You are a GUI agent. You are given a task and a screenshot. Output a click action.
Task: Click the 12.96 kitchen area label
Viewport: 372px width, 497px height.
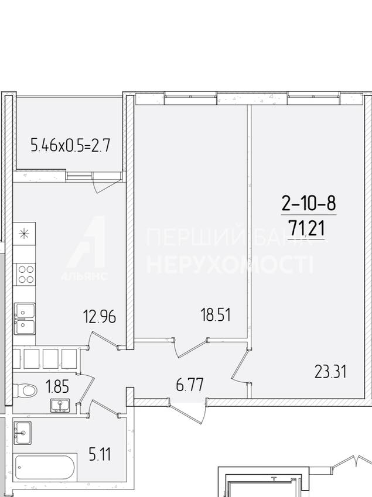point(99,317)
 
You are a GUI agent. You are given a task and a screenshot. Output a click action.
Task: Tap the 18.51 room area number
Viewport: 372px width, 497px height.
point(216,315)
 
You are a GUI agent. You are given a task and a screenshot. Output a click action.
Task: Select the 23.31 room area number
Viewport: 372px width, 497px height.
point(330,372)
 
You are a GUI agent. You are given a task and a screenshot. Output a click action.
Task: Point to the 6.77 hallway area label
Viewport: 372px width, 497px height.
point(190,385)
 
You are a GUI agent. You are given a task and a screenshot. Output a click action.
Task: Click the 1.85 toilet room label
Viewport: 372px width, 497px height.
point(57,387)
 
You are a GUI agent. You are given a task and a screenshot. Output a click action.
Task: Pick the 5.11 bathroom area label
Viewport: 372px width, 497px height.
point(100,454)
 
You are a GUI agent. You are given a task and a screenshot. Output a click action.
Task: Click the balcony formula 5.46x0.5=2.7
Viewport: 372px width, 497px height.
point(70,146)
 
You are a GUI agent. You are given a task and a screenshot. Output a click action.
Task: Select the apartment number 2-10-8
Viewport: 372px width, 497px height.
point(309,203)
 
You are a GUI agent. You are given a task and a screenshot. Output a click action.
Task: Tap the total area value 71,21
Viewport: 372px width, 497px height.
point(306,228)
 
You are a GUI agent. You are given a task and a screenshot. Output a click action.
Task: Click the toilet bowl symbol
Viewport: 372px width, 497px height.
point(25,390)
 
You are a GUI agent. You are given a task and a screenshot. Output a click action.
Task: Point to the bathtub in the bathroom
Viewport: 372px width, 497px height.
point(45,468)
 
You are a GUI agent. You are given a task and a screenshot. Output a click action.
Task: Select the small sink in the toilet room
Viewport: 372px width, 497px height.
point(60,406)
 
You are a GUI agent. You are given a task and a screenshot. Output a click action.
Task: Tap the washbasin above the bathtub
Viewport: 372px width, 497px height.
point(22,433)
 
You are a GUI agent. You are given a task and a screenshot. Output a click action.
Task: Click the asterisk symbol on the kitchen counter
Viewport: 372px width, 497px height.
point(24,234)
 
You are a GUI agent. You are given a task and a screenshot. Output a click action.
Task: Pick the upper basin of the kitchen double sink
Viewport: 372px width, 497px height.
point(25,311)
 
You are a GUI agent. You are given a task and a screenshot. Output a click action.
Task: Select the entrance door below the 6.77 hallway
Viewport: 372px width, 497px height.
point(188,411)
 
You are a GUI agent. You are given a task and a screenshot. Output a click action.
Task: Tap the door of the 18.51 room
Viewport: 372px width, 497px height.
point(190,348)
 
